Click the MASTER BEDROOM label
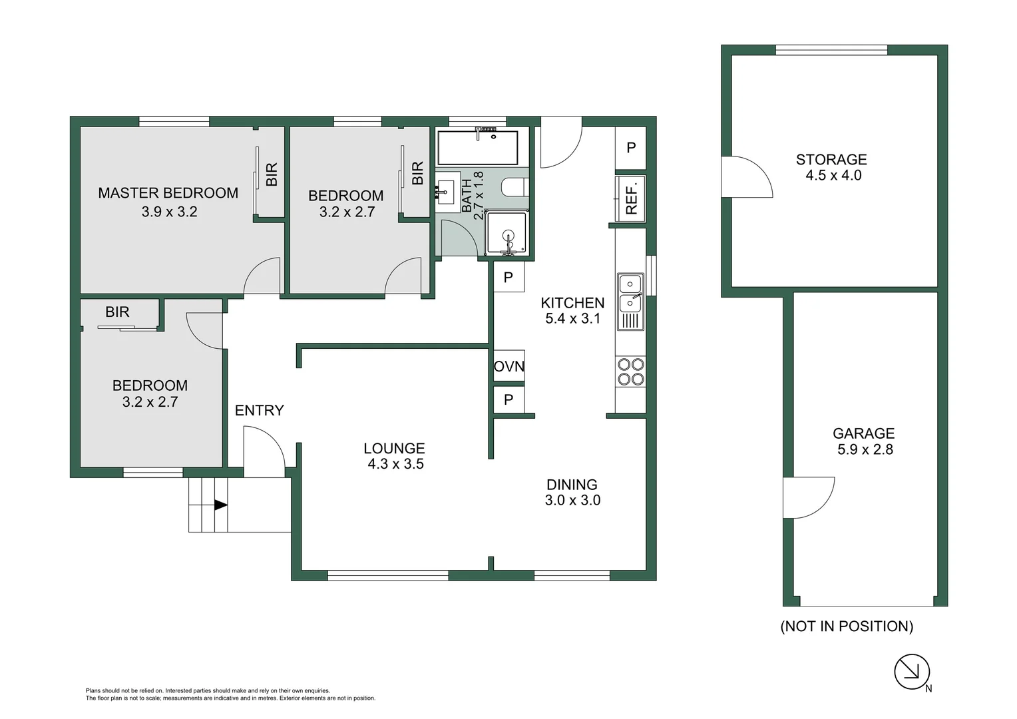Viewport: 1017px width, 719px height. (x=168, y=193)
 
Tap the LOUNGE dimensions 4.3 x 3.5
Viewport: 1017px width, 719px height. (x=395, y=464)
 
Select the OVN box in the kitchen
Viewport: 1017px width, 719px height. (x=508, y=366)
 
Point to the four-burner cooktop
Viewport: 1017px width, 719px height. (x=630, y=372)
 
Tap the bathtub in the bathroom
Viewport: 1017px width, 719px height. (x=477, y=148)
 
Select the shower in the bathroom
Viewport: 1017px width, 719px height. (x=507, y=233)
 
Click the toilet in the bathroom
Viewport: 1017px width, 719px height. (x=515, y=187)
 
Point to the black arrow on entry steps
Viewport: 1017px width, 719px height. (x=220, y=505)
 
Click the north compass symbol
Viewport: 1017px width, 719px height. (x=911, y=672)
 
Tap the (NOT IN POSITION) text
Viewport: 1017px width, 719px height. (x=847, y=626)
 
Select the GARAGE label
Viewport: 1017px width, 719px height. (x=863, y=433)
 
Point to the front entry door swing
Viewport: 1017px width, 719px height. (x=264, y=451)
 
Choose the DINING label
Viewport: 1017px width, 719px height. (x=572, y=485)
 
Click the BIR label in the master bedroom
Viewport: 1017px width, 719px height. (x=272, y=174)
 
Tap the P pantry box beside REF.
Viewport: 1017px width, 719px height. (x=631, y=148)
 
